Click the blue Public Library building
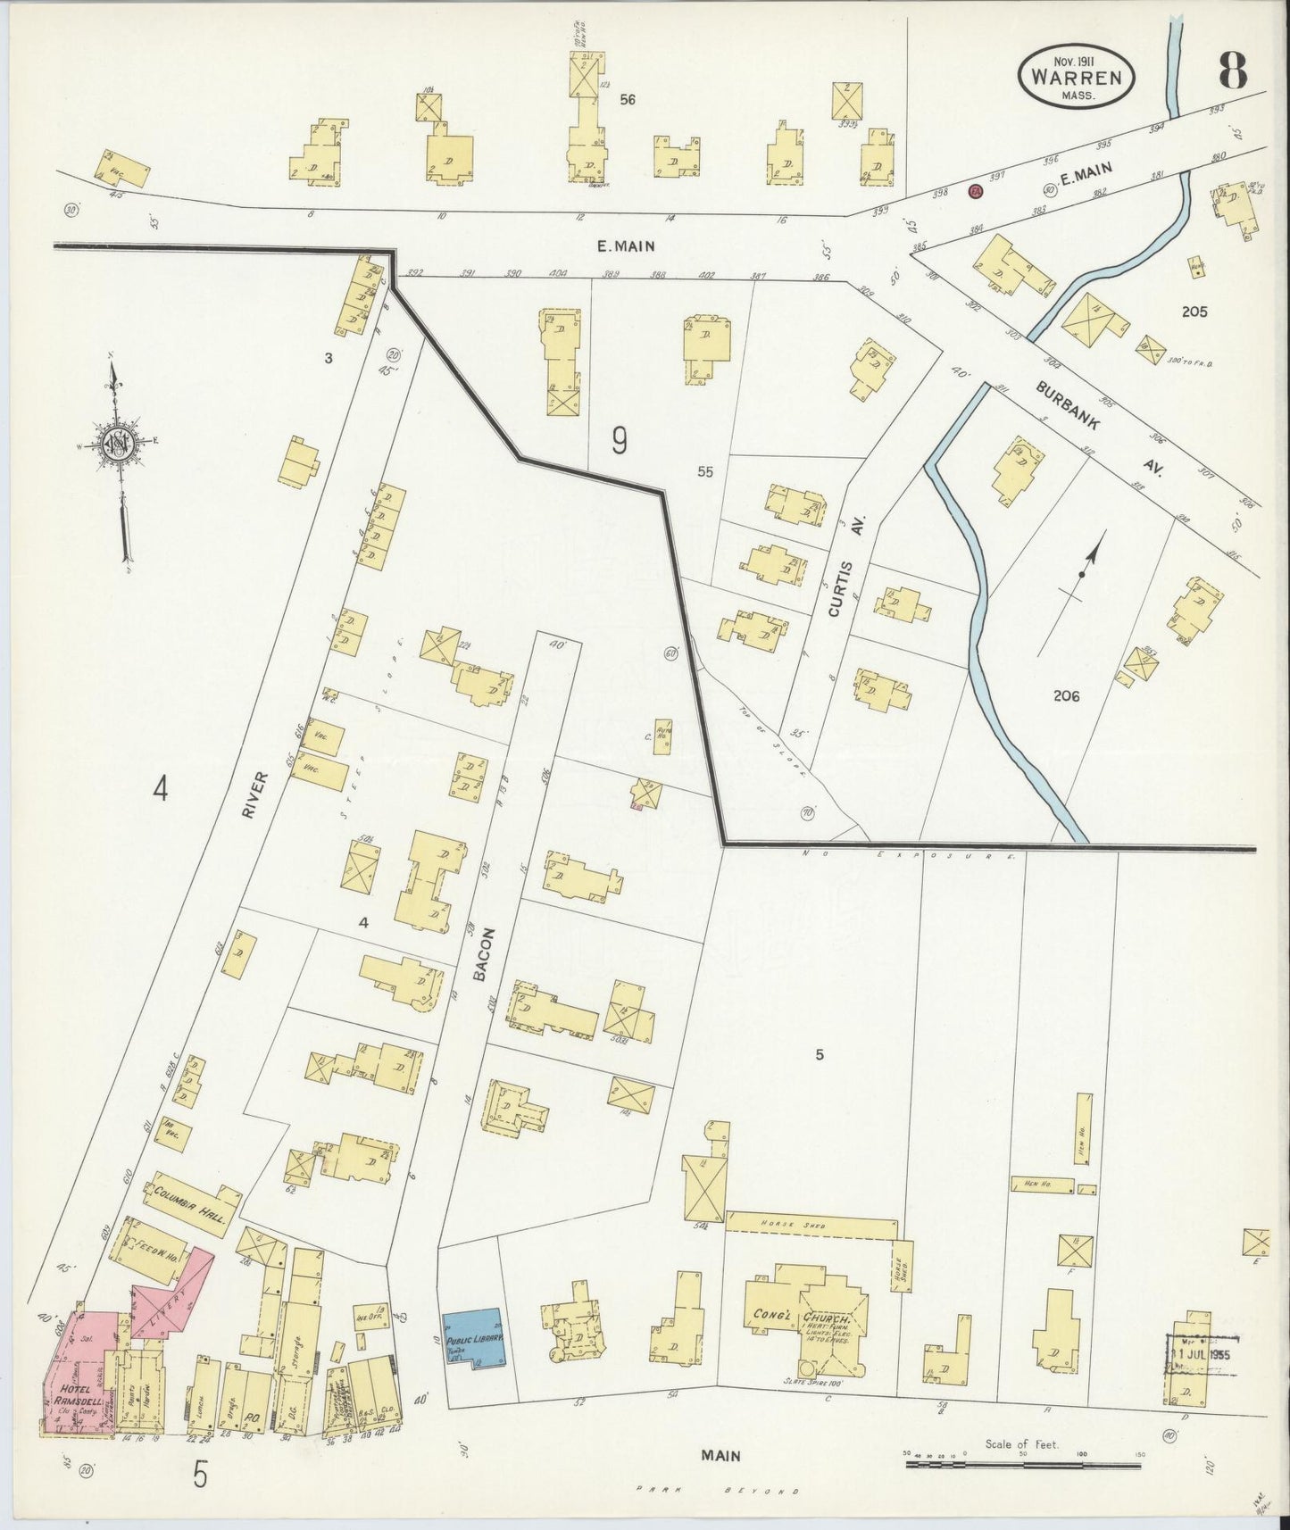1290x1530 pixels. (x=474, y=1339)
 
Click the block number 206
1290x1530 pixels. (x=1066, y=694)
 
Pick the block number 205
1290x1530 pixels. (x=1194, y=312)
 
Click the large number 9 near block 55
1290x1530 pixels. (x=620, y=441)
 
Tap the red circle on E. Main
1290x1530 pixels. (x=976, y=190)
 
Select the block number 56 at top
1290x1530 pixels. (x=628, y=99)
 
